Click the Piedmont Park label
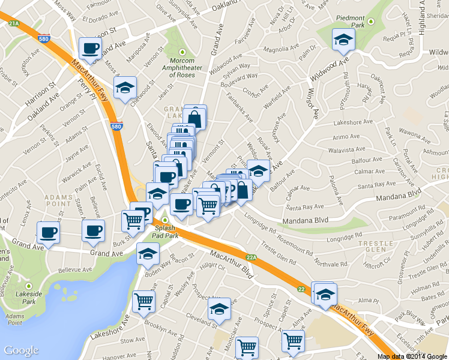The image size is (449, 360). click(351, 17)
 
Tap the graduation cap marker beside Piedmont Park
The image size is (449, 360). click(344, 40)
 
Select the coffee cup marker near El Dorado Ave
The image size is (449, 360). click(90, 49)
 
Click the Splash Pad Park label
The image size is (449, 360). click(165, 232)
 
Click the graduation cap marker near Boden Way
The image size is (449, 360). click(148, 254)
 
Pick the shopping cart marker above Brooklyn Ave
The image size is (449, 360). click(143, 302)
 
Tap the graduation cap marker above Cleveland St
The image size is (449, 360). click(218, 310)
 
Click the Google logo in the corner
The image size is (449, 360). click(21, 350)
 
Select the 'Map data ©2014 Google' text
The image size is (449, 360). click(412, 356)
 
